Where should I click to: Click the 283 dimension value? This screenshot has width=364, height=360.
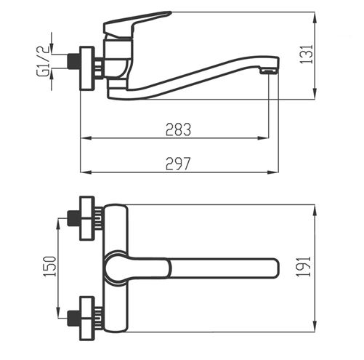(178, 129)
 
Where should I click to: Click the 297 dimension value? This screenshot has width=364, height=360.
(178, 164)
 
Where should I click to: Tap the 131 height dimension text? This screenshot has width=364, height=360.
(307, 54)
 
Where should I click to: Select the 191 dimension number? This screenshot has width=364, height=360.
(304, 266)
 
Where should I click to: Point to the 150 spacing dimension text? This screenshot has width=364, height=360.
(49, 266)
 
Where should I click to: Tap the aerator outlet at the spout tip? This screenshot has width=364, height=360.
(269, 71)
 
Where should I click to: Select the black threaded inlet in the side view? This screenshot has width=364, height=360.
(73, 62)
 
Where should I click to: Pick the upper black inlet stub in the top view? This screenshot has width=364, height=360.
(73, 218)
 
